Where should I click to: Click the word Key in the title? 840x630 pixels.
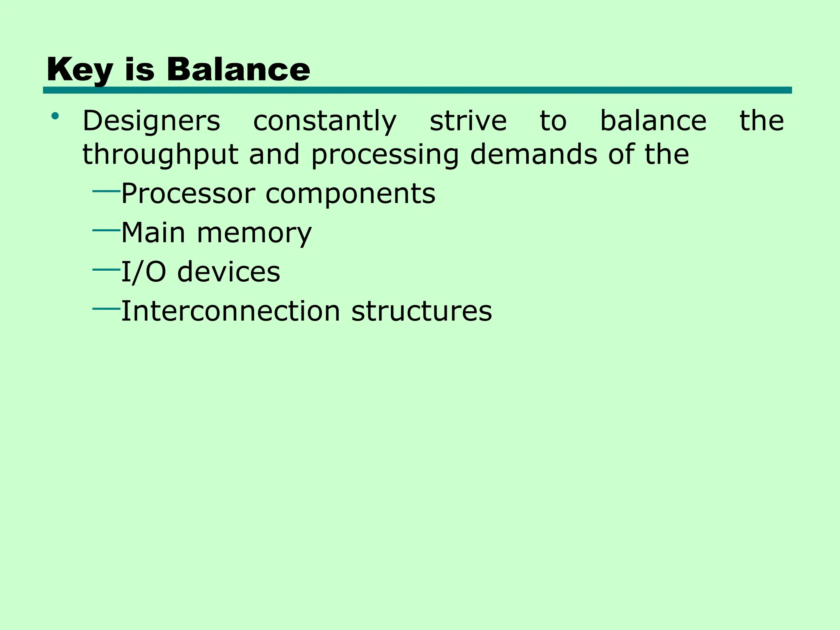[80, 70]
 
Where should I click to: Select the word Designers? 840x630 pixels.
[151, 121]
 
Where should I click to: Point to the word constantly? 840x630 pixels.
[325, 121]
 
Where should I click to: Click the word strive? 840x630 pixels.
[468, 121]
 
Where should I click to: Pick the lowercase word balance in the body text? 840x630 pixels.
[653, 121]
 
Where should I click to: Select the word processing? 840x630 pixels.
[385, 155]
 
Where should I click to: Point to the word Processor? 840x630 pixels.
[188, 193]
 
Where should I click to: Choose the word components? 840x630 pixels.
[350, 194]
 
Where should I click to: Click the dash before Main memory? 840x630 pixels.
[106, 231]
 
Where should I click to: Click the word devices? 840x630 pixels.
[228, 272]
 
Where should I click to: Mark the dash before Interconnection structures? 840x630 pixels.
[106, 308]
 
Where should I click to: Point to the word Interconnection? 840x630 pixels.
[231, 311]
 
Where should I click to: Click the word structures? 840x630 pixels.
[422, 311]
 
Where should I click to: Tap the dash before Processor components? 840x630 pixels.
[106, 191]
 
